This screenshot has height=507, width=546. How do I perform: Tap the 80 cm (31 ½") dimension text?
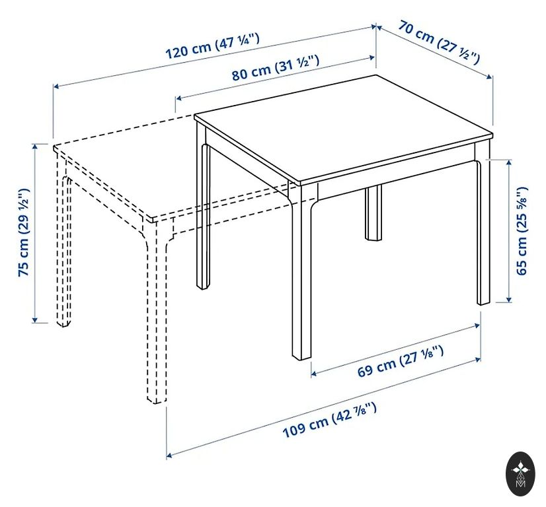click(x=276, y=68)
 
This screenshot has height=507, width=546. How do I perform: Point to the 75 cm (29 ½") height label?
click(x=24, y=232)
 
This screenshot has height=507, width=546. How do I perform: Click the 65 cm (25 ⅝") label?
click(x=522, y=231)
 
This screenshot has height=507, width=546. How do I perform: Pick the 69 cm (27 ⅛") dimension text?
click(x=401, y=361)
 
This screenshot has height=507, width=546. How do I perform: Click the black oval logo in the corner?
click(x=521, y=473)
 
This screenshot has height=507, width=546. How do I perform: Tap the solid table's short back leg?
click(x=373, y=212)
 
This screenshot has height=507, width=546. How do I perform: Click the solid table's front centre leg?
click(x=302, y=271)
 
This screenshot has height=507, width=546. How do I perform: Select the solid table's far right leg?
click(x=483, y=226)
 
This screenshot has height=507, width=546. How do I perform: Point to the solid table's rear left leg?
click(x=204, y=209)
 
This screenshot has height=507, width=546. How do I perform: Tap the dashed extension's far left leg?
click(x=63, y=244)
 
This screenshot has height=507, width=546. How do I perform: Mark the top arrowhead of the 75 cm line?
click(x=34, y=147)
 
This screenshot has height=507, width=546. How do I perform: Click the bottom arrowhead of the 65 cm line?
click(x=509, y=300)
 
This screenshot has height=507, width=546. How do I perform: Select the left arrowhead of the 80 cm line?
click(x=179, y=98)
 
